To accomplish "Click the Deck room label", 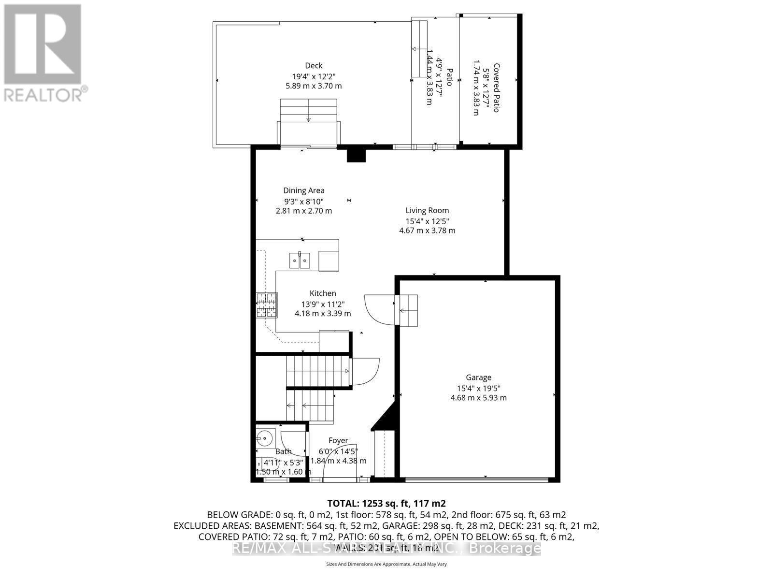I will click(x=313, y=66).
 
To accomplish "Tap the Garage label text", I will click(x=478, y=377).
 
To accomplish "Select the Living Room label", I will click(x=427, y=210).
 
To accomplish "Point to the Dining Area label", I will click(x=303, y=190).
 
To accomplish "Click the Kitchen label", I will click(x=323, y=293).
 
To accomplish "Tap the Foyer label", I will click(x=338, y=440).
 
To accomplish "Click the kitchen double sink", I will click(x=300, y=260).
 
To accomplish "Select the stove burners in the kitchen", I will click(x=267, y=305).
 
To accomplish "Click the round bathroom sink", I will click(x=264, y=438).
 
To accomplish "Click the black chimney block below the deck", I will click(x=357, y=155).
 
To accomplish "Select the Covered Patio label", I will click(x=496, y=88).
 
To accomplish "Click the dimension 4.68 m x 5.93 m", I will click(x=478, y=398).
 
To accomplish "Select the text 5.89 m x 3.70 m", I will click(x=313, y=86).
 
